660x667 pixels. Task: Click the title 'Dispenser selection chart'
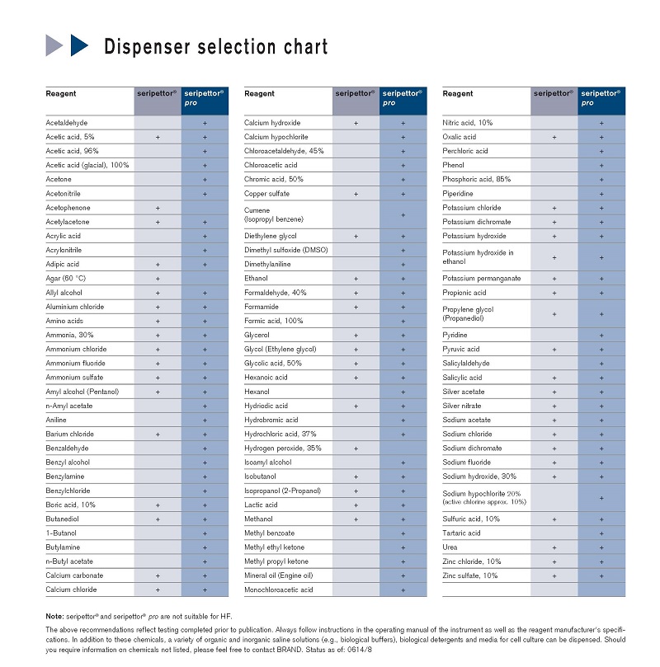pyautogui.click(x=215, y=47)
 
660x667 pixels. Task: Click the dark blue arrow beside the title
pyautogui.click(x=79, y=45)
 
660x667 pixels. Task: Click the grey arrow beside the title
pyautogui.click(x=54, y=45)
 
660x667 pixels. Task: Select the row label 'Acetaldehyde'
pyautogui.click(x=66, y=123)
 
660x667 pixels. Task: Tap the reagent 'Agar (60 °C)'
pyautogui.click(x=65, y=279)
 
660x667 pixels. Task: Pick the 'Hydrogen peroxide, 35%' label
pyautogui.click(x=282, y=449)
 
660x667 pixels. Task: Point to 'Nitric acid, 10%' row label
pyautogui.click(x=468, y=123)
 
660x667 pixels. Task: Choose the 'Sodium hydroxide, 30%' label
pyautogui.click(x=479, y=477)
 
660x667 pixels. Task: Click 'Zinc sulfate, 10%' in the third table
pyautogui.click(x=470, y=575)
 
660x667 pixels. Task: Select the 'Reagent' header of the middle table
pyautogui.click(x=260, y=94)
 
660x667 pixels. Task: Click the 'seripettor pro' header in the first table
pyautogui.click(x=204, y=98)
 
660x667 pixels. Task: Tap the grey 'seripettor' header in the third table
pyautogui.click(x=553, y=94)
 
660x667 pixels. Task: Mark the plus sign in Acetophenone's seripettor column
pyautogui.click(x=157, y=208)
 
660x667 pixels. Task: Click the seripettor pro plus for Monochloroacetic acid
pyautogui.click(x=403, y=590)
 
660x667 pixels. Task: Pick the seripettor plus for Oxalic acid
pyautogui.click(x=554, y=137)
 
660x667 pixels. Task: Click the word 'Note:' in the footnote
pyautogui.click(x=54, y=617)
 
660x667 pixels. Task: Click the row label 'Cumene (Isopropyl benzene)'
pyautogui.click(x=273, y=215)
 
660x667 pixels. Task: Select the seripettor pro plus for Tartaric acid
pyautogui.click(x=601, y=533)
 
